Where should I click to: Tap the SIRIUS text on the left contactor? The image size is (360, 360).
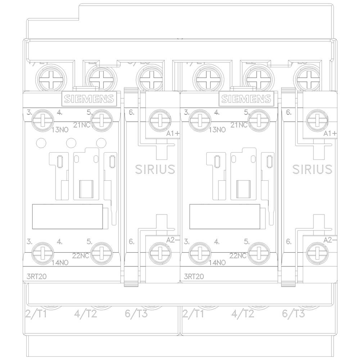click(155, 169)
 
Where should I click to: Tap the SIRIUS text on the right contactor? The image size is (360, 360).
click(312, 169)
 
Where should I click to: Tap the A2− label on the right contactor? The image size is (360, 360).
click(330, 240)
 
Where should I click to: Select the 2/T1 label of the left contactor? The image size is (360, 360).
click(37, 314)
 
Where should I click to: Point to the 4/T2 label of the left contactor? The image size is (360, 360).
click(85, 314)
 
